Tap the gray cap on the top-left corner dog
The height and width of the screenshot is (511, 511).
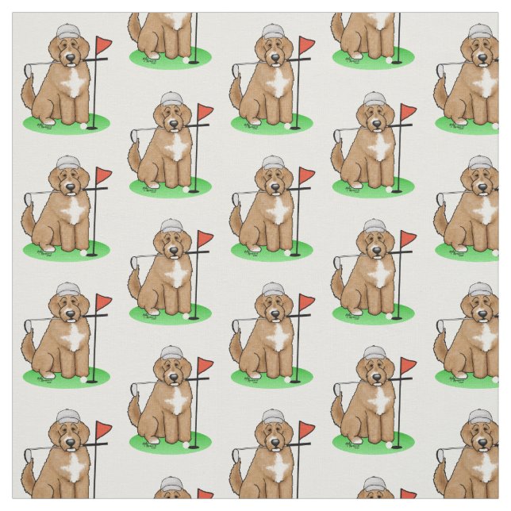(69, 32)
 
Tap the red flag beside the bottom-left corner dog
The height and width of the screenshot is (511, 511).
(102, 429)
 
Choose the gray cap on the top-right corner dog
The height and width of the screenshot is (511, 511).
(480, 32)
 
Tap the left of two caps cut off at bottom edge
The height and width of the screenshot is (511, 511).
(173, 483)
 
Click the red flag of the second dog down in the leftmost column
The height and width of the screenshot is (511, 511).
(102, 172)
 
